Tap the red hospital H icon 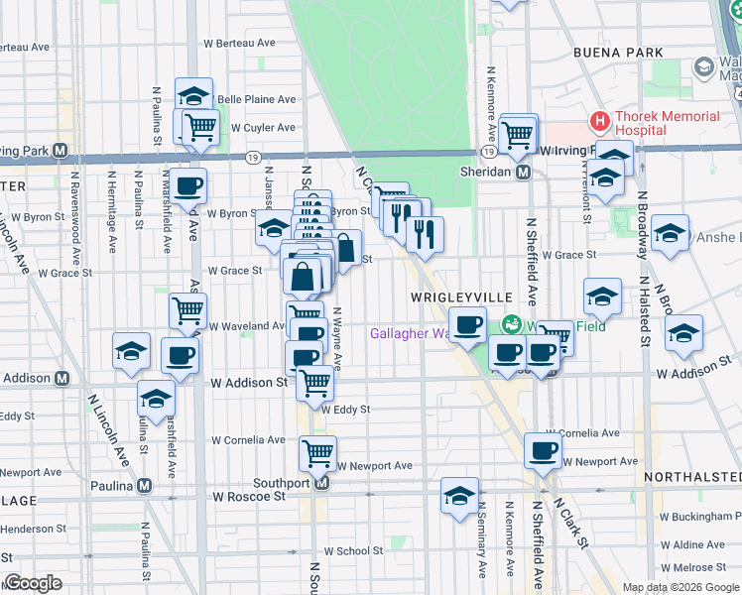point(599,123)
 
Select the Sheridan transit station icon point(524,172)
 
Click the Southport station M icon point(321,483)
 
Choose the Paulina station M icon point(146,486)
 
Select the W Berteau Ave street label point(239,43)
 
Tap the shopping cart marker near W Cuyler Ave point(200,127)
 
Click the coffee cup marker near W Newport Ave point(543,450)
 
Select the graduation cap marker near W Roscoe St point(459,496)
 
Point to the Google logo point(33,583)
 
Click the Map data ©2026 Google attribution point(680,587)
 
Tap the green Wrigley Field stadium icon point(512,323)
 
